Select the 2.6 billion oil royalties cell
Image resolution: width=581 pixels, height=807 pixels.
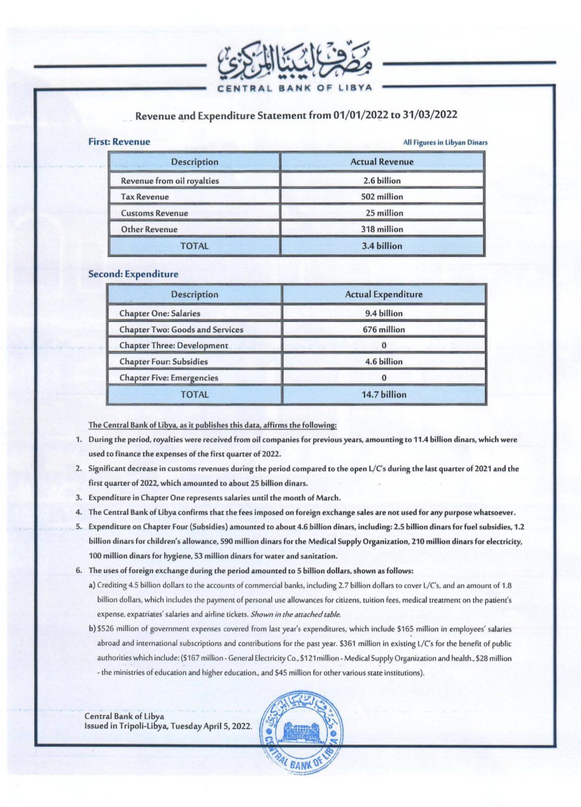pos(382,180)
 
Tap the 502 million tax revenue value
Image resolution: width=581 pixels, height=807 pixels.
pos(382,196)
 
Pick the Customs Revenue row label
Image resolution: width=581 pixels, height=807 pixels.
pos(154,213)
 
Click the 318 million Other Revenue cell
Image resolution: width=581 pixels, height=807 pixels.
pos(382,229)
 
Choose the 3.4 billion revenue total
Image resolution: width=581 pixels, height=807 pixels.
pos(382,246)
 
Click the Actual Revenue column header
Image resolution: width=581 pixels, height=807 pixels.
pos(382,162)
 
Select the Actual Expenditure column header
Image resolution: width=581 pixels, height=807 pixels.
pos(384,294)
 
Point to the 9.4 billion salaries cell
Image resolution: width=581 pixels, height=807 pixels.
pos(384,313)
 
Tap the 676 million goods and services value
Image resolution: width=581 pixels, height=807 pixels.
pos(384,329)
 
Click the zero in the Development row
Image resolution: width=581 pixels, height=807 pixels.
pos(384,346)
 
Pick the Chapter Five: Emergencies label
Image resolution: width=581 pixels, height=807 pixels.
pos(168,378)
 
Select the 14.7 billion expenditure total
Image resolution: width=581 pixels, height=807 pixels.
pos(384,395)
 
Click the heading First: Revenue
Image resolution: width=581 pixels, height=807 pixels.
pos(119,142)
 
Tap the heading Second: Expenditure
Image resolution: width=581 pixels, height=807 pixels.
pos(133,274)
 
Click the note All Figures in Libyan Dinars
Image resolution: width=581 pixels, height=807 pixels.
pos(445,142)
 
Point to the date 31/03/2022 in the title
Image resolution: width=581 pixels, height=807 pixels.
pos(430,115)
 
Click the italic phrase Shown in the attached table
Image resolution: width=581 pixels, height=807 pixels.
pos(295,615)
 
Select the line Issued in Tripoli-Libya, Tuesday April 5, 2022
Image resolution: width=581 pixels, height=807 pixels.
pos(168,726)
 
